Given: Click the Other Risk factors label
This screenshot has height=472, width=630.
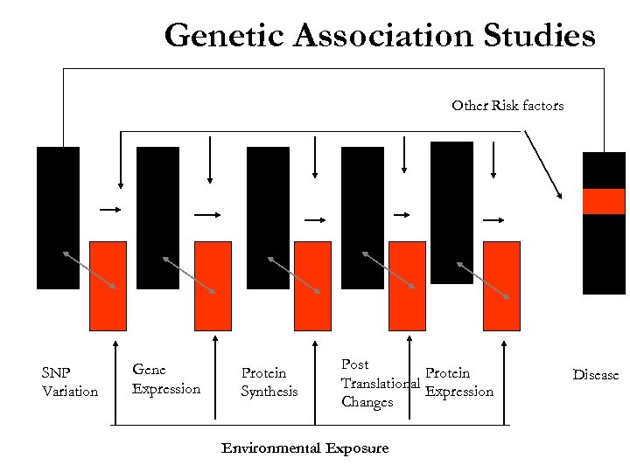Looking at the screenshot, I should pos(507,106).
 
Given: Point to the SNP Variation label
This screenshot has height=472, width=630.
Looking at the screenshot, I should pos(70,382).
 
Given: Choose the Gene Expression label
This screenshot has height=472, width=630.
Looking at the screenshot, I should pos(165,379).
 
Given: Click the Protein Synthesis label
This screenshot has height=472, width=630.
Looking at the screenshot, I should pos(269,382).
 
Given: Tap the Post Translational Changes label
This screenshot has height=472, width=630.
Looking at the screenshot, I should pos(378,383).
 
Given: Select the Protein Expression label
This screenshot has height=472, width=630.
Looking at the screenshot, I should pos(458,382).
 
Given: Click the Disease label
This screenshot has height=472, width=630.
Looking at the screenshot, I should pos(595,375).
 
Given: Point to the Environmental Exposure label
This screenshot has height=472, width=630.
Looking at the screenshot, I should pos(304,448).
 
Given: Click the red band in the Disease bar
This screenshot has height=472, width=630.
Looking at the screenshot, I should pos(604,201).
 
